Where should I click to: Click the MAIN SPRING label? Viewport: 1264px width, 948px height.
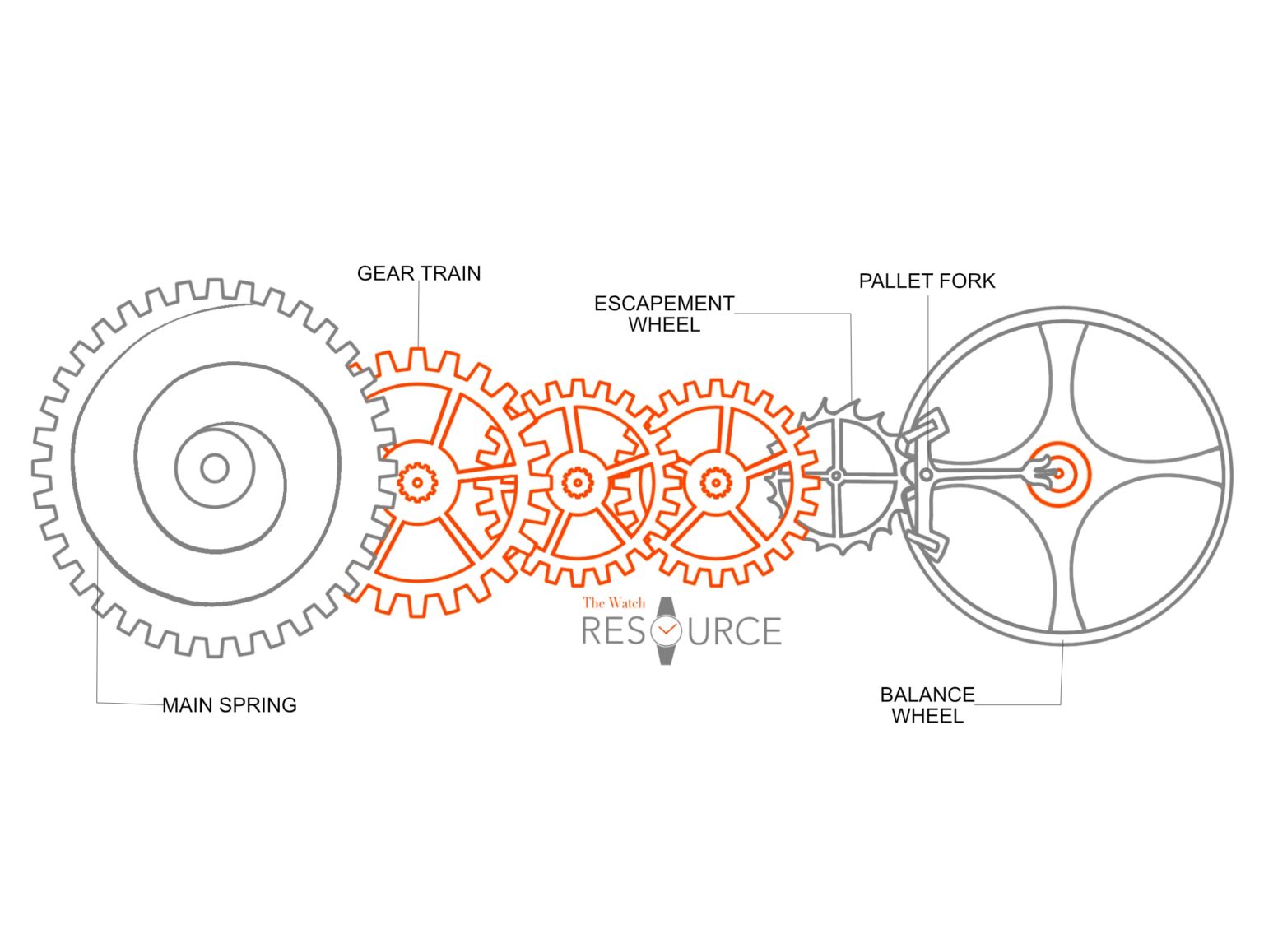point(229,705)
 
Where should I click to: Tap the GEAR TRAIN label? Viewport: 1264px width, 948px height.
point(419,274)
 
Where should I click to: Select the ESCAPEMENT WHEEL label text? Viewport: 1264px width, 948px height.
point(663,314)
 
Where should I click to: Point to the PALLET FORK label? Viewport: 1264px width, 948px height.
point(927,281)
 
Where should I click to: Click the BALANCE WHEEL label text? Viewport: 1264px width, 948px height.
point(927,705)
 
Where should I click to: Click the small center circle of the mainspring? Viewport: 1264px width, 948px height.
point(215,468)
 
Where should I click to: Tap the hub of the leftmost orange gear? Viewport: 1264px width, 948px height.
point(417,481)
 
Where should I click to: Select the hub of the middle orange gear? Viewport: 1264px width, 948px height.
point(578,481)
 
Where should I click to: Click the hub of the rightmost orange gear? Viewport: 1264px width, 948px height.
point(715,482)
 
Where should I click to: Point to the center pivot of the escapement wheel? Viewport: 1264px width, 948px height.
point(836,476)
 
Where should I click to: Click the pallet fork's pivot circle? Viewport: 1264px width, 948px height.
point(927,475)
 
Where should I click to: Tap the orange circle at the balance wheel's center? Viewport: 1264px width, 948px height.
point(1058,474)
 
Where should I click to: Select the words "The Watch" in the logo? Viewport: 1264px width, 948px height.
point(614,603)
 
